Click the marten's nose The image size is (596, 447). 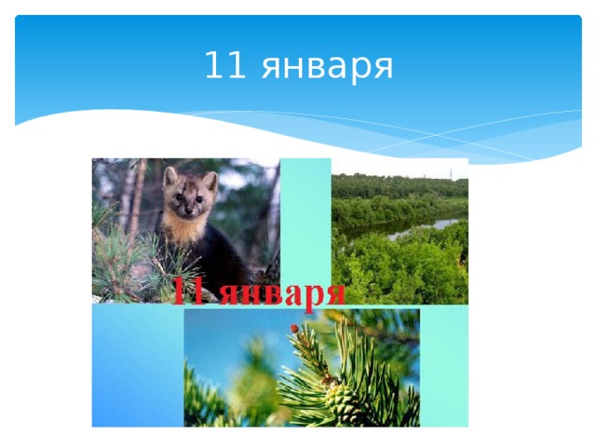[179, 198]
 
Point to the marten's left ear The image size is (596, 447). [211, 179]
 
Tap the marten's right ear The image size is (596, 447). [169, 174]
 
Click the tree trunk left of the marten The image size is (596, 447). [136, 196]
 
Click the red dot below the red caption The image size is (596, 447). [295, 328]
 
